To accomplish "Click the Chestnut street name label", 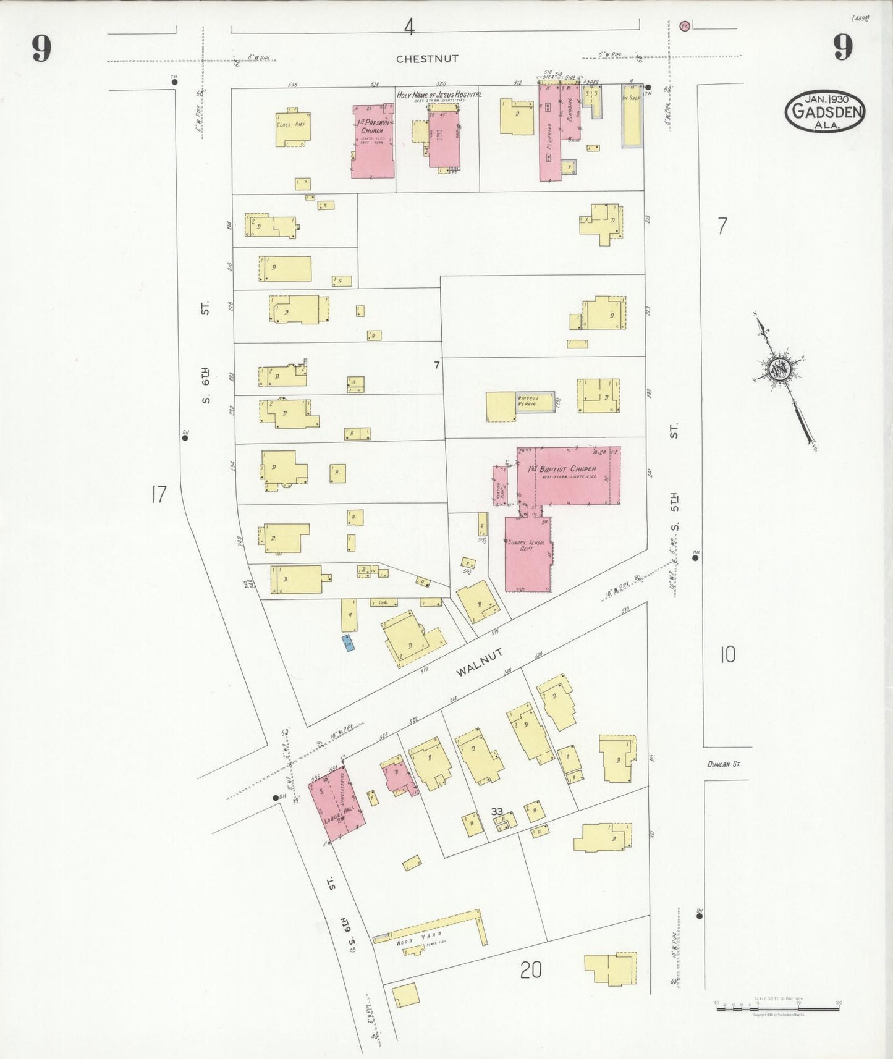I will coord(427,59).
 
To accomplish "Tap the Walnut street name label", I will coord(480,662).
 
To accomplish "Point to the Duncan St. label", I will coord(724,764).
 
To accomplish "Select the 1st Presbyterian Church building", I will coord(373,141).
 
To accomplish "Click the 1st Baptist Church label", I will coord(562,469).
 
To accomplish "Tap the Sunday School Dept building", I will coord(528,555).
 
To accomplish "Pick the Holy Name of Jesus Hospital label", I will coord(439,95).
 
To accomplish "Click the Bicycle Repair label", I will coord(528,401).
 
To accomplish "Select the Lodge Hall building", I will coord(336,802).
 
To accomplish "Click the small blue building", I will coord(348,643).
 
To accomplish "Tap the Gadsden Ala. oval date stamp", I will coord(825,112).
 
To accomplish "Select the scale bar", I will coord(777,1008).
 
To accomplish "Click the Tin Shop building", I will coord(632,116).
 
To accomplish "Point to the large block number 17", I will coord(159,494).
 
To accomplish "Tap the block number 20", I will coord(530,970).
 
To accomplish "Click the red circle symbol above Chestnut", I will coord(684,26).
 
